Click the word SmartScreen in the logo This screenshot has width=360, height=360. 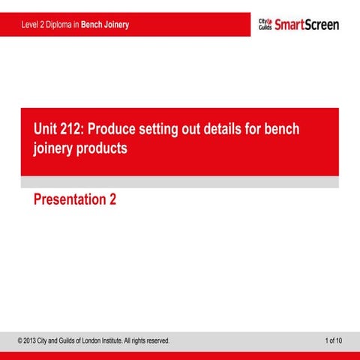coord(307,25)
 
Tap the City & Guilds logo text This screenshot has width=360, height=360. coord(265,25)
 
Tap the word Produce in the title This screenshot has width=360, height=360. coord(115,129)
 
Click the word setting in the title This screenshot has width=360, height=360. coord(169,129)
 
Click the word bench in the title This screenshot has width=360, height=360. coord(281,129)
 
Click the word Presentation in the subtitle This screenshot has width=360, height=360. coord(69,200)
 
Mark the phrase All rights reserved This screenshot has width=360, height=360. coord(148,341)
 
